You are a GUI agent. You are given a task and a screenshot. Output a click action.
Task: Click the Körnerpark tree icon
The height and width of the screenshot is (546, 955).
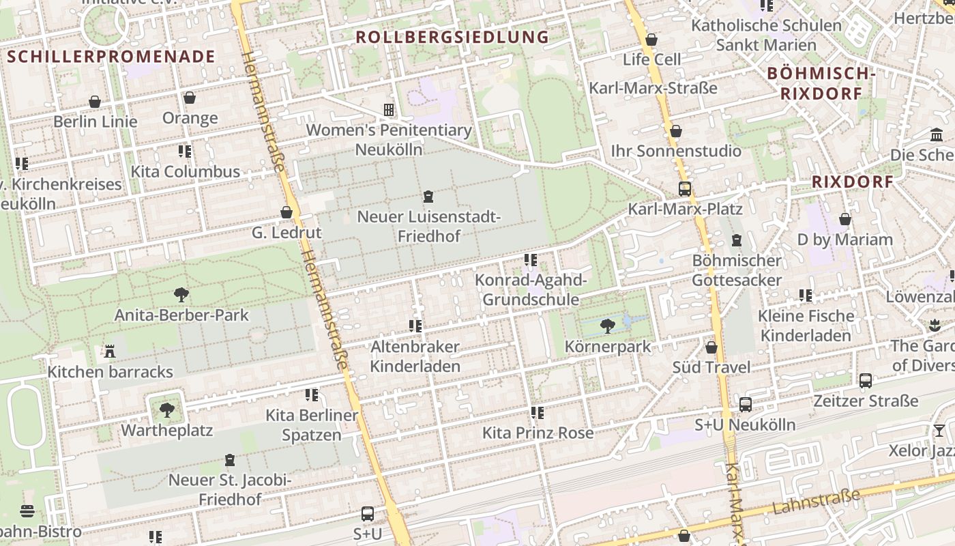click(x=607, y=326)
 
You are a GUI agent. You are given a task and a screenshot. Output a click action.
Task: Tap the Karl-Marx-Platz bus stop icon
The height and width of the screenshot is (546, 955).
click(x=684, y=189)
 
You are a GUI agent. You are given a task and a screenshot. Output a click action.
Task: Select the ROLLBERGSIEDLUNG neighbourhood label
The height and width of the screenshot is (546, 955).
click(x=452, y=37)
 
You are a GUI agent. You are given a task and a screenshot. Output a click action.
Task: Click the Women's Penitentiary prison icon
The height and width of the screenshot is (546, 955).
click(x=389, y=109)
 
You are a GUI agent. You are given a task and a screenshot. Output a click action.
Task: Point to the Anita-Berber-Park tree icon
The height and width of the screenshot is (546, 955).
click(x=181, y=295)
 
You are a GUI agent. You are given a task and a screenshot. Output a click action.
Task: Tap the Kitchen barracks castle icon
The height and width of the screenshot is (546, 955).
click(x=109, y=351)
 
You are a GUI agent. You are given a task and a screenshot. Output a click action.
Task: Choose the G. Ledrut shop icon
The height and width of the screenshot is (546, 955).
click(x=286, y=212)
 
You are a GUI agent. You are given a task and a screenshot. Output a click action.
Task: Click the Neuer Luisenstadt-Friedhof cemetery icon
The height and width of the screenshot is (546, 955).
click(x=428, y=197)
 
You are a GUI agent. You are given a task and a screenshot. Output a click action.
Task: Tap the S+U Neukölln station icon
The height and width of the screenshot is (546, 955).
click(x=745, y=405)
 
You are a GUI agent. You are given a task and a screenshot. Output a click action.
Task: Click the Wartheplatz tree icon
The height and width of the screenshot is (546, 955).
click(x=167, y=410)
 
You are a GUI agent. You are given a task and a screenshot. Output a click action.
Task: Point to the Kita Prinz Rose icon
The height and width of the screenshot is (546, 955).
click(x=538, y=413)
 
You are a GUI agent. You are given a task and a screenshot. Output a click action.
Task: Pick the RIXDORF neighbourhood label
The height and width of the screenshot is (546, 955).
click(x=853, y=182)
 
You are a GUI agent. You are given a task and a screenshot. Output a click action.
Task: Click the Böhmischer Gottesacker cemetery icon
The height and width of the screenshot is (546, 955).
click(x=736, y=240)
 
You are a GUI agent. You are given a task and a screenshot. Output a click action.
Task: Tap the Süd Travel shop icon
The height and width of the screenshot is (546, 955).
click(x=711, y=347)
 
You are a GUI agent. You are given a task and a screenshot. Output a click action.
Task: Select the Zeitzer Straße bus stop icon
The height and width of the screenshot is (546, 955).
click(x=865, y=381)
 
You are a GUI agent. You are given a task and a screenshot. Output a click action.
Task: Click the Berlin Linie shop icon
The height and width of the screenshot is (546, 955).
click(x=95, y=102)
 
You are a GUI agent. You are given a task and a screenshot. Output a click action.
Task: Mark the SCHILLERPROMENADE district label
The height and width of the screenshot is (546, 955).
click(x=111, y=57)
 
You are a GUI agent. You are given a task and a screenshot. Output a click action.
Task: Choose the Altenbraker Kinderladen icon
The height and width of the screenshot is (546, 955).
click(x=415, y=326)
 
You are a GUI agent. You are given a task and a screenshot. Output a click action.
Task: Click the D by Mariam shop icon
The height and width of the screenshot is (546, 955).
click(x=844, y=219)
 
